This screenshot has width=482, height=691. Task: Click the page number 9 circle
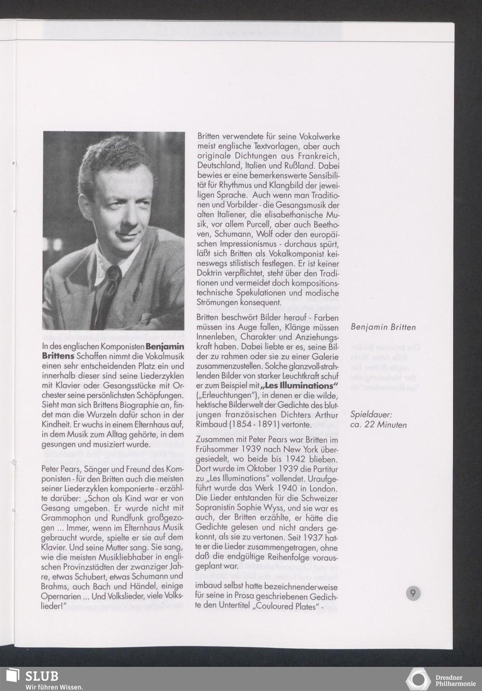tap(413, 592)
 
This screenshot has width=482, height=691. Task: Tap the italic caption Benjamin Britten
tap(383, 327)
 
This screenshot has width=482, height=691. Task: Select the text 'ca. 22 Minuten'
tap(378, 425)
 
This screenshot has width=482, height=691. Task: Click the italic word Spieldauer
tap(371, 414)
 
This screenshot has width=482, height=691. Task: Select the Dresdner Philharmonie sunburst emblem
tap(417, 679)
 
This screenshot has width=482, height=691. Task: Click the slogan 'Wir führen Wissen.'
tap(54, 687)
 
